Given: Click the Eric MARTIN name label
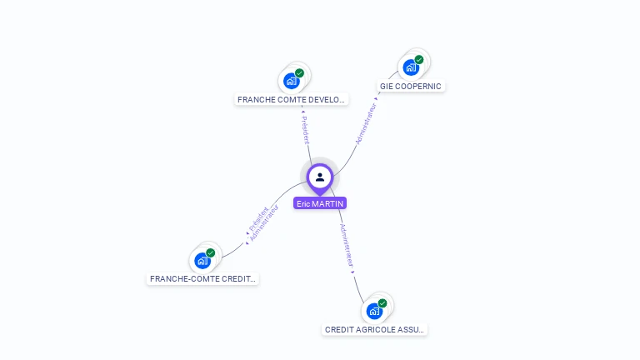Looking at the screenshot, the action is coord(319,203).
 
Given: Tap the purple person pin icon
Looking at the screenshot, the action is coord(319,177).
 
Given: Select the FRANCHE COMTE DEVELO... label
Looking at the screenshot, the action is coord(291,99).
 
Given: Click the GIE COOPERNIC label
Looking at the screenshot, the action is coord(411,86).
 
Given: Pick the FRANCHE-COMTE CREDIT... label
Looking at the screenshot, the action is coord(202,278).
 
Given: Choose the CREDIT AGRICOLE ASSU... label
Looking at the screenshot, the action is coord(375,329).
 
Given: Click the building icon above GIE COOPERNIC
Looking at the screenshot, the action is coord(410,67).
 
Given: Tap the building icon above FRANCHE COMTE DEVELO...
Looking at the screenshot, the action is coord(291,81).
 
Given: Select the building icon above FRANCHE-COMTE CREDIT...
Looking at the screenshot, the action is coord(202,261).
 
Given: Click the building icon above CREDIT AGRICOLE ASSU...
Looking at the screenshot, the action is coord(374,311).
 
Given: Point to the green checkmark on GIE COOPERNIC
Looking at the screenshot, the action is coord(419,60).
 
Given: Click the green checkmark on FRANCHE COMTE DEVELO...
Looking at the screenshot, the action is coord(299,73).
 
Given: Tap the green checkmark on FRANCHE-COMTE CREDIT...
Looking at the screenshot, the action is coord(211,252).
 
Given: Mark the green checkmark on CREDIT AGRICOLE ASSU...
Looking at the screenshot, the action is coord(382,303).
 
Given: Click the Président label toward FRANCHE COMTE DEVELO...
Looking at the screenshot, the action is coord(305,129).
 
